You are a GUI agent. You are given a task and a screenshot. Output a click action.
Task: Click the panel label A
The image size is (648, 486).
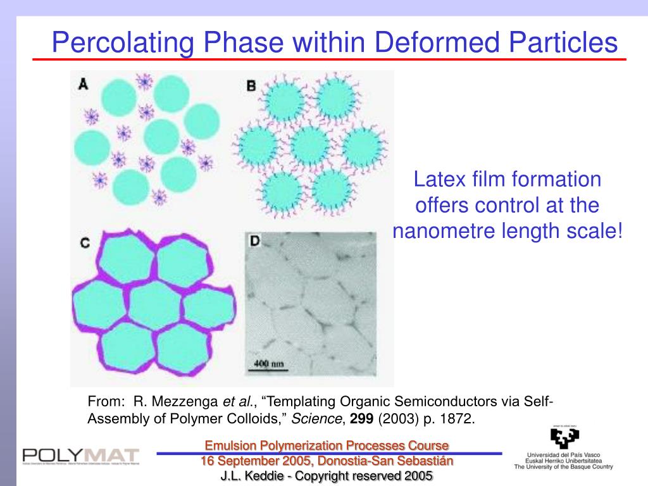(83, 84)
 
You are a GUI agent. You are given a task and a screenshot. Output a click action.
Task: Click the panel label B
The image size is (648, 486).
(251, 85)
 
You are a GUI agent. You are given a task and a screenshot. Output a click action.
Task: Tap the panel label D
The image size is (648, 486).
(255, 241)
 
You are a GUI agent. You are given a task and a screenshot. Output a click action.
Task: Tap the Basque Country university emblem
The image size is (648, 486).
(564, 439)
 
